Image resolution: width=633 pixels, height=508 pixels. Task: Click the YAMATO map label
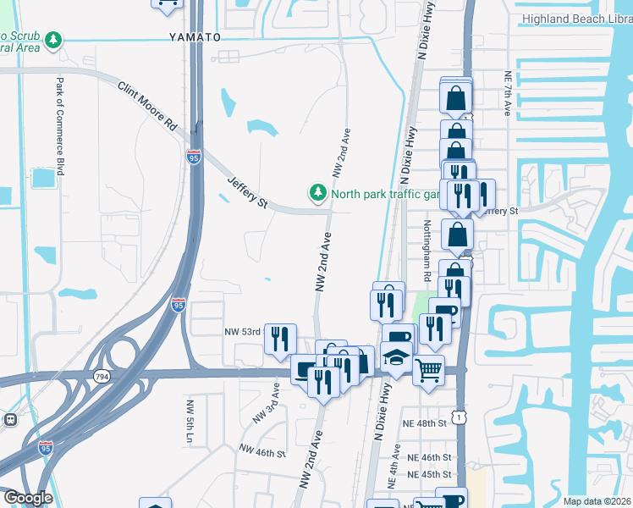click(x=194, y=37)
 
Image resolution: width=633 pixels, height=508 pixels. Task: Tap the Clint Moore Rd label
click(x=147, y=105)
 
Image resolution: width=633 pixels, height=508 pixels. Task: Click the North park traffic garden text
click(x=387, y=194)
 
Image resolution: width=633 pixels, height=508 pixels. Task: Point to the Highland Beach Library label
click(x=576, y=18)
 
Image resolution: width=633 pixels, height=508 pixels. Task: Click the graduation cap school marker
click(x=395, y=357)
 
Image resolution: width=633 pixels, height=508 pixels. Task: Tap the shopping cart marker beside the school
click(x=429, y=370)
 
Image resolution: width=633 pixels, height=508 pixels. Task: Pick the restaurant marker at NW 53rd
click(x=280, y=339)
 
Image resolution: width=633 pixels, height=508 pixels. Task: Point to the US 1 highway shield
click(x=458, y=417)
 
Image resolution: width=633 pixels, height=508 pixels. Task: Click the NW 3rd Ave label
click(x=266, y=404)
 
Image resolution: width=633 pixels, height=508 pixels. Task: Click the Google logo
click(x=28, y=498)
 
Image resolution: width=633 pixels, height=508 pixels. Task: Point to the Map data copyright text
click(x=597, y=501)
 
